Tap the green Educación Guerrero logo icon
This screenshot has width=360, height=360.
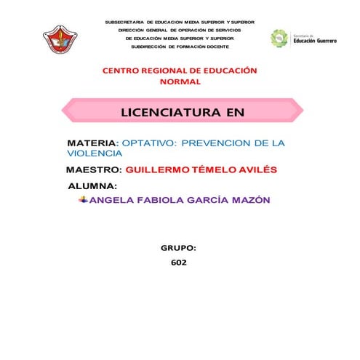[x=279, y=38]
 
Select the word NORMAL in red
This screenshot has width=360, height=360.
[x=180, y=82]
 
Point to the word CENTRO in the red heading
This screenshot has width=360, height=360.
[x=121, y=71]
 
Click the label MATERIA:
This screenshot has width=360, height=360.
[x=92, y=143]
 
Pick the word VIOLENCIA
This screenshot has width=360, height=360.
[x=95, y=153]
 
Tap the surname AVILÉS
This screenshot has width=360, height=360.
[x=255, y=170]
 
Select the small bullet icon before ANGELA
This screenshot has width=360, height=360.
[x=84, y=199]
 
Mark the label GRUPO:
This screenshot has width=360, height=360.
[x=178, y=248]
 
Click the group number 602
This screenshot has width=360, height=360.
[x=178, y=262]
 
